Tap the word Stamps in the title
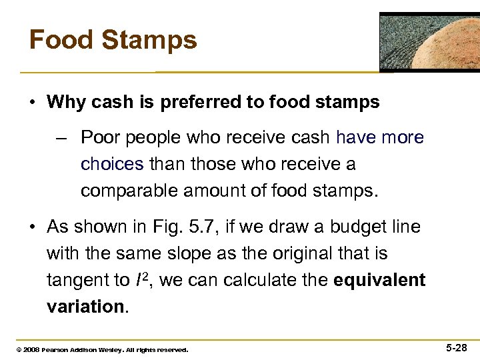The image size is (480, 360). [x=151, y=40]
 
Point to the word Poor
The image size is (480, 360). [x=101, y=138]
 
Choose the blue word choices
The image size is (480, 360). [x=112, y=164]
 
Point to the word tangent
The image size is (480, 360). [x=79, y=280]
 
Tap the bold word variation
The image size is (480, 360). [x=84, y=307]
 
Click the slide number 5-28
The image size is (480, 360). [x=457, y=348]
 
